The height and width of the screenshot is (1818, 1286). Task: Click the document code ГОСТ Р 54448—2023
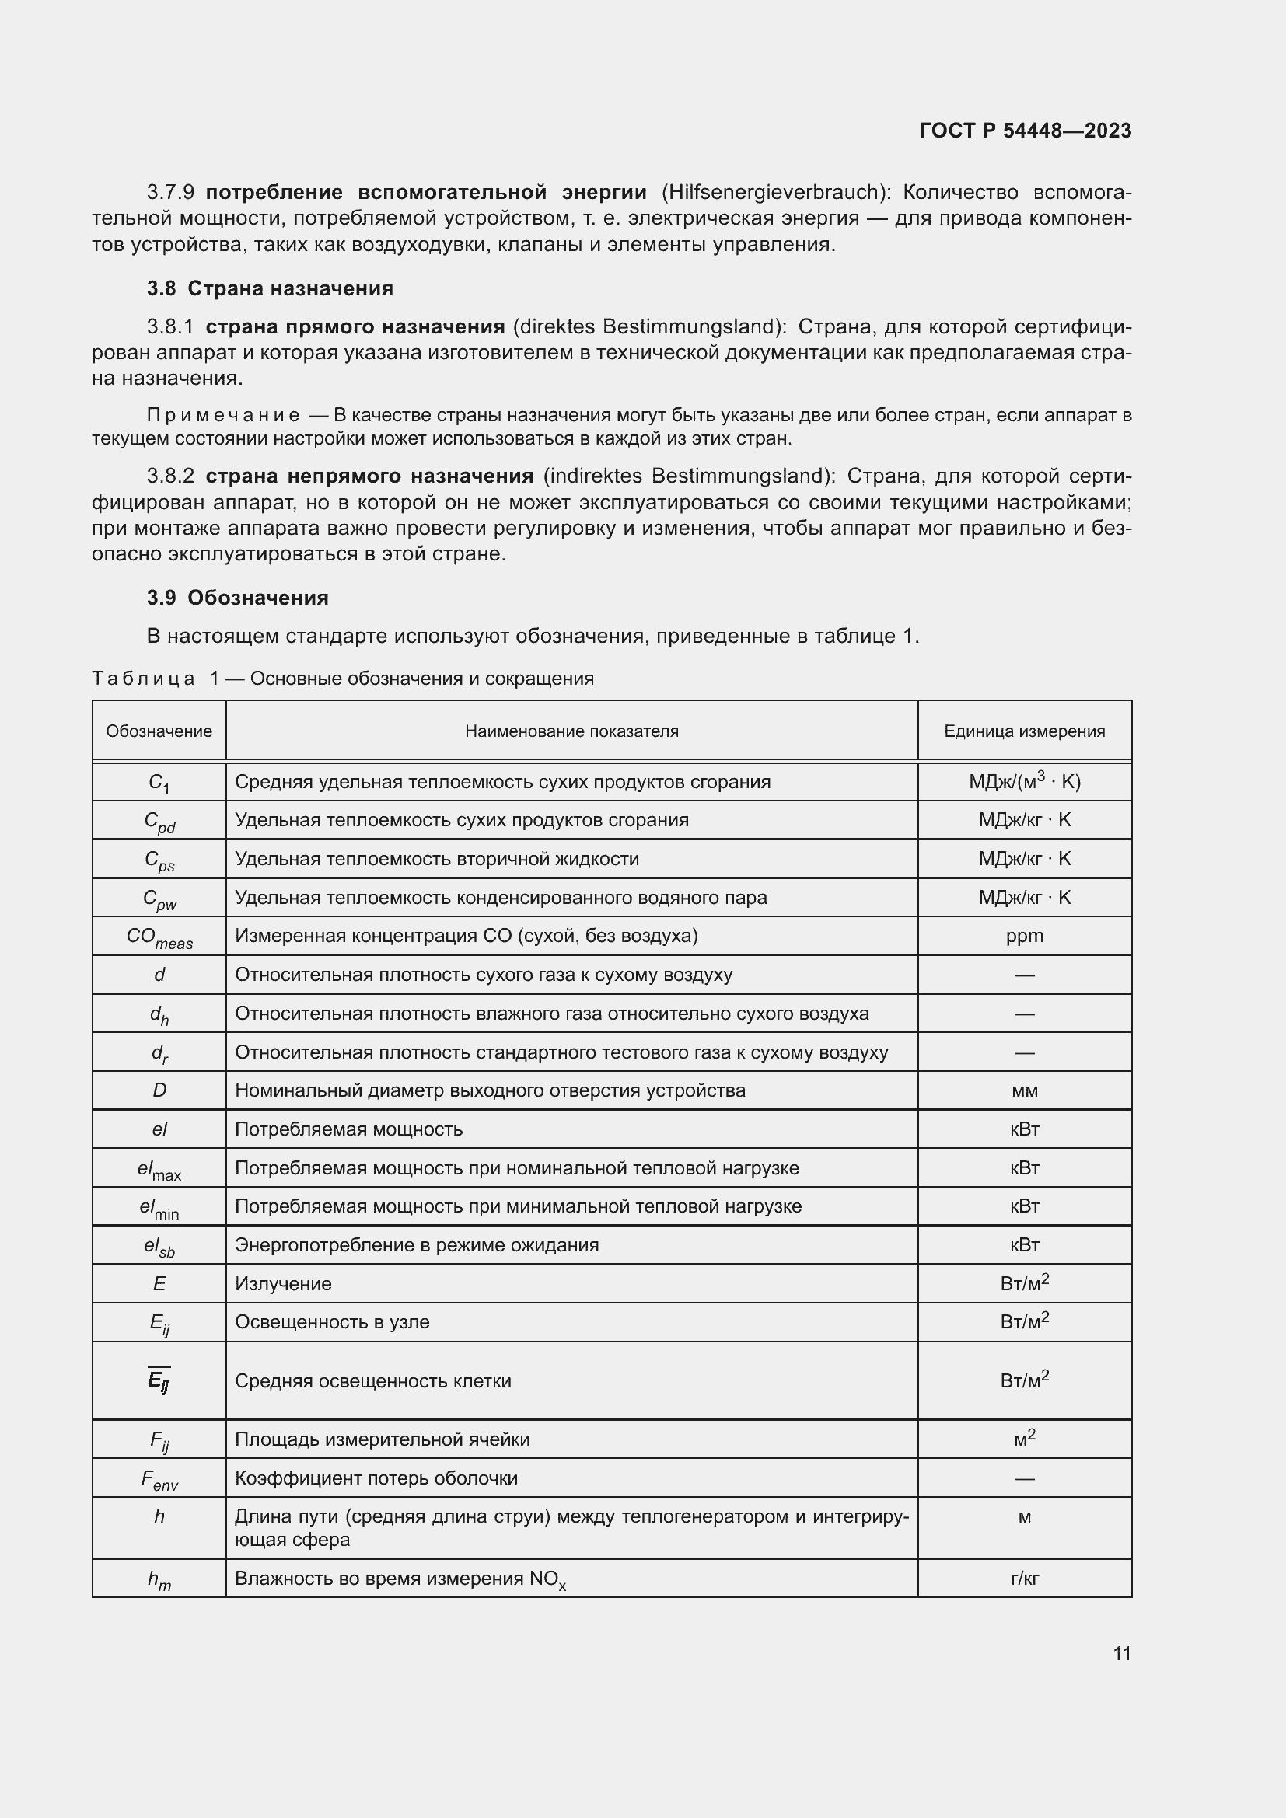[1025, 131]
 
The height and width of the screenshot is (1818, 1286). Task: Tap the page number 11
[1121, 1653]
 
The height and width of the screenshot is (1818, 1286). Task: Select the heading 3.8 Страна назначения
[269, 288]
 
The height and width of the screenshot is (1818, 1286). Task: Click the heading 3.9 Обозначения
[238, 598]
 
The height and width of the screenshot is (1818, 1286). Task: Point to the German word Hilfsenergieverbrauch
[772, 193]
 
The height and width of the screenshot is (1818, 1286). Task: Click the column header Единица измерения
[1024, 731]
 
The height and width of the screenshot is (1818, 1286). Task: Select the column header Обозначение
[159, 731]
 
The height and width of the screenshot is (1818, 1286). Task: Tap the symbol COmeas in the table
[159, 937]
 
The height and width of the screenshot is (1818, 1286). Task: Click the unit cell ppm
[1024, 936]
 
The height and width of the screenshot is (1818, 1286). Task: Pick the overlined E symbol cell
[159, 1381]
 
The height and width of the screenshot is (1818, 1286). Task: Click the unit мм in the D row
[1024, 1090]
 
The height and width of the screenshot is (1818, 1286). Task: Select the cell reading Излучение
[283, 1283]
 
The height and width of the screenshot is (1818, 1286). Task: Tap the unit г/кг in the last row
[1024, 1578]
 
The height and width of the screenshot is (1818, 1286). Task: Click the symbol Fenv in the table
[159, 1479]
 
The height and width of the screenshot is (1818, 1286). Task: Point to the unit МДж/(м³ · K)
[1024, 781]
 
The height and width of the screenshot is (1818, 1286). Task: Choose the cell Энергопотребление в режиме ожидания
[417, 1244]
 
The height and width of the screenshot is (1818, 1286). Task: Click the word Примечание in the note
[223, 416]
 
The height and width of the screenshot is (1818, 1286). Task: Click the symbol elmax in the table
[159, 1170]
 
